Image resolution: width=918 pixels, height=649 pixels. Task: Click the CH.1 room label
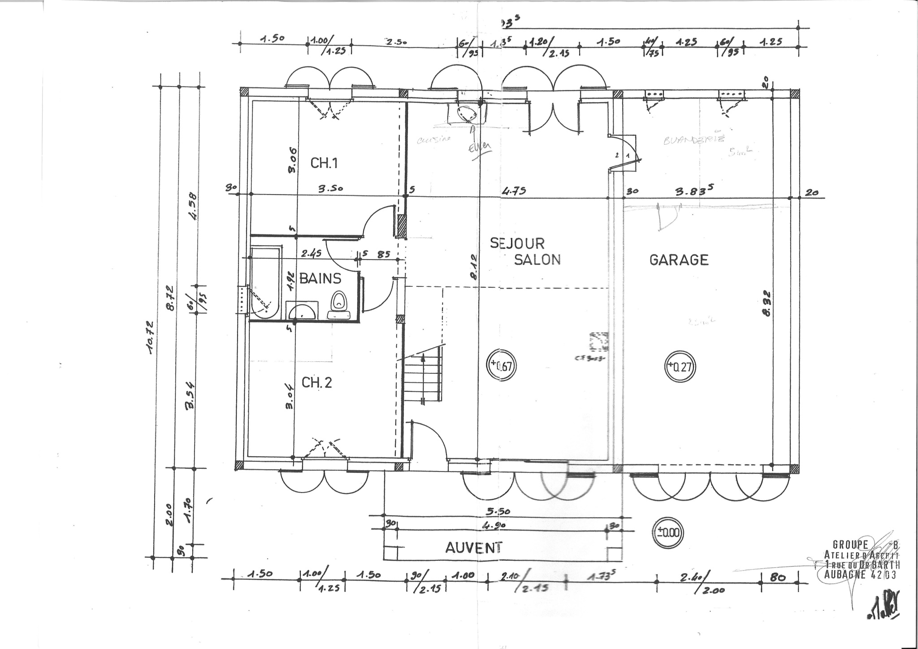[324, 163]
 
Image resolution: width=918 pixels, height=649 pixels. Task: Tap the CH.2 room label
[316, 383]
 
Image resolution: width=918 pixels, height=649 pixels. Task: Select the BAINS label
[320, 279]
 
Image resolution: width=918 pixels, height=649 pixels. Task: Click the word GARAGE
[679, 260]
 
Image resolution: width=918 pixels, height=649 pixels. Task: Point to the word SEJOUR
[517, 243]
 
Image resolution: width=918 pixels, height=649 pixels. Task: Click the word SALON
[537, 260]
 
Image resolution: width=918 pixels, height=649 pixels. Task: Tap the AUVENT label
[474, 547]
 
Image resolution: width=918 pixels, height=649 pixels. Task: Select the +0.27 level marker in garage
[680, 367]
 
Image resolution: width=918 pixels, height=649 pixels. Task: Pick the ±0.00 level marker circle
[668, 533]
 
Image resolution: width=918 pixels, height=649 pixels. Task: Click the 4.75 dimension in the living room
[514, 191]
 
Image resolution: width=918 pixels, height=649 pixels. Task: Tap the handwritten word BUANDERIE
[693, 140]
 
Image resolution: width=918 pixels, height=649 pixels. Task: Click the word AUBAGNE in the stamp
[844, 575]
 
